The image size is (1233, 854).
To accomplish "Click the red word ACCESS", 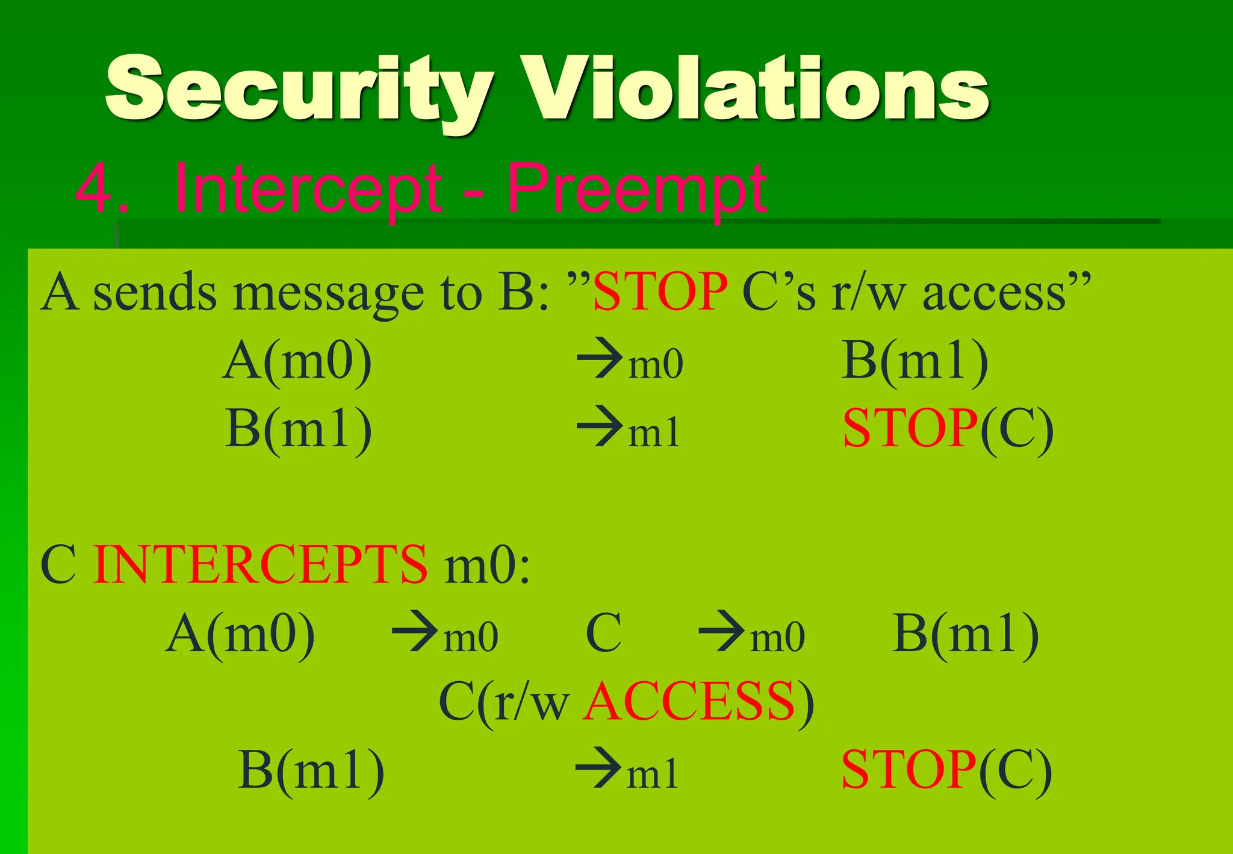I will (x=689, y=702).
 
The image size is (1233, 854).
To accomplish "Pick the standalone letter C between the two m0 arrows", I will (x=603, y=634).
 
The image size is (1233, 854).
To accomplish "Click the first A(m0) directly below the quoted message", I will (x=297, y=361).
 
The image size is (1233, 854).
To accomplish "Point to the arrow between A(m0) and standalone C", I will (x=415, y=632).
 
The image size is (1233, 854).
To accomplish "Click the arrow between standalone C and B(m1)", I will (x=722, y=632).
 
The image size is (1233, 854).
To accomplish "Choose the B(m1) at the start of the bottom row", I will (x=311, y=770).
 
